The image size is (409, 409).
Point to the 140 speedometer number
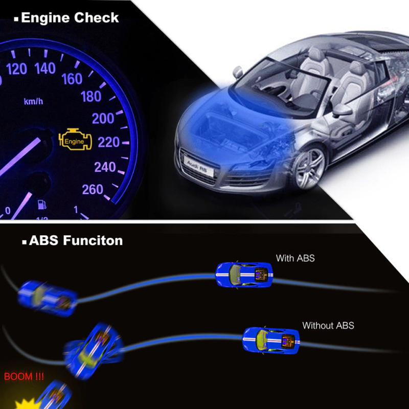(x=45, y=67)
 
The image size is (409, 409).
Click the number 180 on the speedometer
(x=90, y=96)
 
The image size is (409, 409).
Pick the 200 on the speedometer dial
(x=103, y=118)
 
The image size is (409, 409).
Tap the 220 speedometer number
(x=108, y=142)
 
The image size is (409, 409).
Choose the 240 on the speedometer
(x=105, y=167)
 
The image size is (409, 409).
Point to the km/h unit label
(x=33, y=101)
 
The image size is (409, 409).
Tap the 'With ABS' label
(x=295, y=258)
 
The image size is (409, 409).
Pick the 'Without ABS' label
(x=328, y=325)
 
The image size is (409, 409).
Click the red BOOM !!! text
(x=24, y=377)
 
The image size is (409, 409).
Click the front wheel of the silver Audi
(x=309, y=168)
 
